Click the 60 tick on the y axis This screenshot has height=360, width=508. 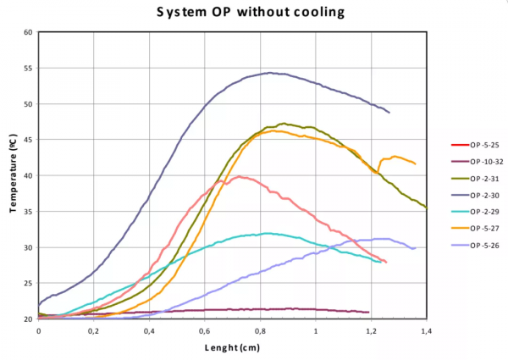(x=28, y=32)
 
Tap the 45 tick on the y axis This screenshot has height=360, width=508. (x=28, y=140)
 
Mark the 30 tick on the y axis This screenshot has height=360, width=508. (x=28, y=247)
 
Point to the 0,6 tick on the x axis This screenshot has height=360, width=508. (x=205, y=330)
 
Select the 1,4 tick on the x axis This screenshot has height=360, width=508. (x=426, y=330)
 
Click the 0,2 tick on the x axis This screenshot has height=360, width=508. (x=94, y=330)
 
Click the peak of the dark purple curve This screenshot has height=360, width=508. (x=270, y=73)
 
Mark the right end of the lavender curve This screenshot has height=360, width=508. (x=415, y=248)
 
